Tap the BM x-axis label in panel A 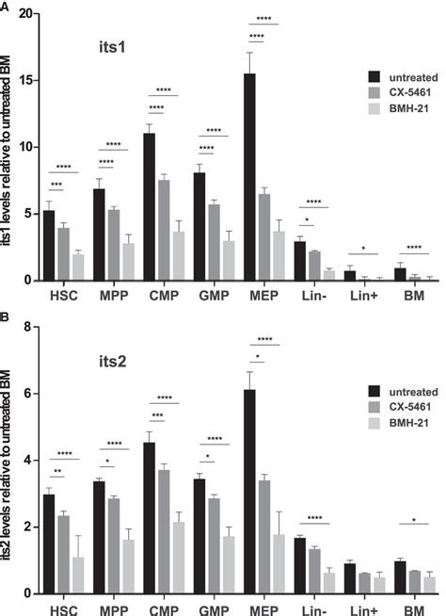[411, 294]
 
